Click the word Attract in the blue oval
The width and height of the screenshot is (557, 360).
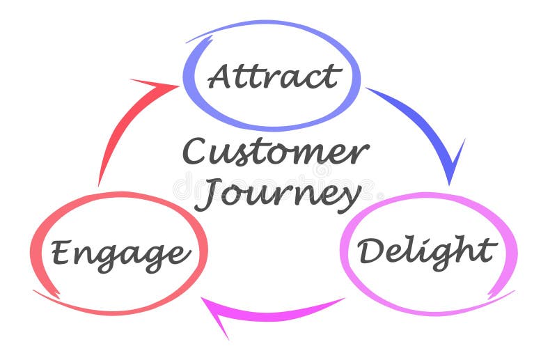(274, 77)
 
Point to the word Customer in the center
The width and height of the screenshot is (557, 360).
(275, 152)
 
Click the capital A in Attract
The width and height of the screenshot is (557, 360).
(221, 76)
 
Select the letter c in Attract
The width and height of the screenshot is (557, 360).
(313, 78)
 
